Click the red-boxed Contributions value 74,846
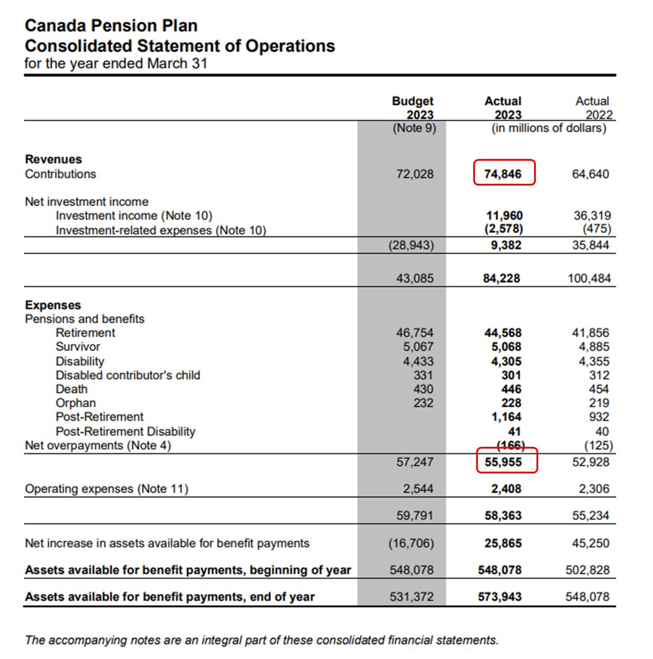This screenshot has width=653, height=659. [503, 174]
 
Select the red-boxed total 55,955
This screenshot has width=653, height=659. [503, 462]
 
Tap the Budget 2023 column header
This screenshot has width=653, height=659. [413, 108]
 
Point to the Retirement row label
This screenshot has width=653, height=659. [85, 333]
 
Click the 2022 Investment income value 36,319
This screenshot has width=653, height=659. [591, 216]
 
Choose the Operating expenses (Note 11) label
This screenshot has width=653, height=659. [106, 489]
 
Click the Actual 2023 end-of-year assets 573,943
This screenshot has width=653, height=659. [500, 597]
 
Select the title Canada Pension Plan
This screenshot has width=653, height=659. [111, 26]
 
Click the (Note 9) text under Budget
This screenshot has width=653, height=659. [414, 128]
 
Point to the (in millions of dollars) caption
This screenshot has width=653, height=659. [549, 128]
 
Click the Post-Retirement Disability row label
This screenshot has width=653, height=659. [125, 431]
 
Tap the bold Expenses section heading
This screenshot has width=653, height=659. [53, 305]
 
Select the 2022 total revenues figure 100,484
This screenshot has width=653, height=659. [589, 278]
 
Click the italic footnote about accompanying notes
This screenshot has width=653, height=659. [261, 640]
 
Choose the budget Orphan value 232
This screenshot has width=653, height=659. [423, 403]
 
